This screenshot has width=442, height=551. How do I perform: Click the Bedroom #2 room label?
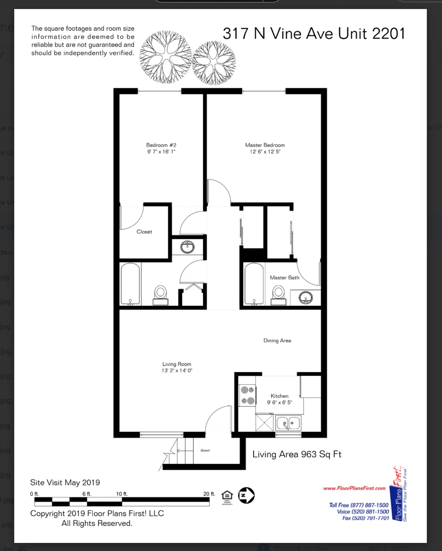(161, 145)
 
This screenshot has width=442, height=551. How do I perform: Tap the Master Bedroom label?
(265, 145)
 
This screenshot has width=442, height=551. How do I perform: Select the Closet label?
(144, 232)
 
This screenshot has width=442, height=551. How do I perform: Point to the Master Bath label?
(284, 278)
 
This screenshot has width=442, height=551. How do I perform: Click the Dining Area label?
(277, 341)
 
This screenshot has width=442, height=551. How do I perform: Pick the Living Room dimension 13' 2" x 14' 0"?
(177, 370)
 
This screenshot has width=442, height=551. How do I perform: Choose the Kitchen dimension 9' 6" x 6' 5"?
(279, 402)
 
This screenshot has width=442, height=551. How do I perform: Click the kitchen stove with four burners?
(248, 395)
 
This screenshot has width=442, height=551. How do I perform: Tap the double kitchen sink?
(288, 423)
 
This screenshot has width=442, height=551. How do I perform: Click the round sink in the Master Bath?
(305, 297)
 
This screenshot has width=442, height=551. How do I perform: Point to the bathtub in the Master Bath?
(254, 284)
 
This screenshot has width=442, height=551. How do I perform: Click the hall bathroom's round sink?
(187, 247)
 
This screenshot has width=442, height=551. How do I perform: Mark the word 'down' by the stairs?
(205, 450)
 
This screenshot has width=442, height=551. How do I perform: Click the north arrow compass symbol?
(246, 495)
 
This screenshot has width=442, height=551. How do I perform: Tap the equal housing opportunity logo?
(227, 496)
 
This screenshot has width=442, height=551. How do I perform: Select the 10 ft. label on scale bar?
(122, 494)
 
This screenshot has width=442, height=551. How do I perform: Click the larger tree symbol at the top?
(165, 57)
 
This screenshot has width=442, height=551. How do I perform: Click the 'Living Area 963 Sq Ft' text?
(297, 454)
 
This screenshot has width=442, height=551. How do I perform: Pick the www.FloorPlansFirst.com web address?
(354, 488)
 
